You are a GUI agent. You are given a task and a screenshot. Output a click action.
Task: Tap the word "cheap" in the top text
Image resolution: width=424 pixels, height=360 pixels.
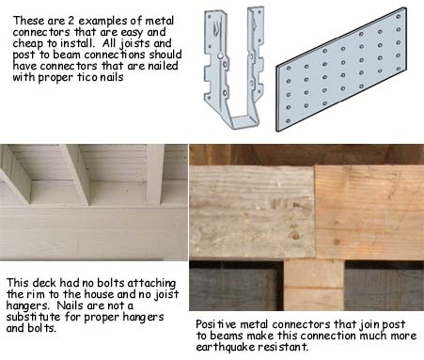25,44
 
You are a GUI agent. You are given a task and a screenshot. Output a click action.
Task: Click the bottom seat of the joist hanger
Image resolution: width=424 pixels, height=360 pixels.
245,121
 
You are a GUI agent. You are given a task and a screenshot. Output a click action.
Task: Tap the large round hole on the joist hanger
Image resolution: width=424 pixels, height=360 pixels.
220,56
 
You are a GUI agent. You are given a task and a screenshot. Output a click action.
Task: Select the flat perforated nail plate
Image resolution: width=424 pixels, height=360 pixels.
341,69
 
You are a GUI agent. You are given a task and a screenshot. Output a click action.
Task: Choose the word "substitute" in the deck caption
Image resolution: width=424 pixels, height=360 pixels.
33,317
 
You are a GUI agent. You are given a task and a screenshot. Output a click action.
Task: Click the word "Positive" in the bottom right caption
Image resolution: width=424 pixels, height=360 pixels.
216,324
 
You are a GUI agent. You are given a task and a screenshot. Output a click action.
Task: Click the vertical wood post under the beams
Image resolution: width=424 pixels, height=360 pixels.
314,285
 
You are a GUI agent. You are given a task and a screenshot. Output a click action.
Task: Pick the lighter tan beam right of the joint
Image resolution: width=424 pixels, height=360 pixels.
369,212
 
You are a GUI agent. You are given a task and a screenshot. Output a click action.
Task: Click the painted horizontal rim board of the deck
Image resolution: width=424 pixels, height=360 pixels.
94,233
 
